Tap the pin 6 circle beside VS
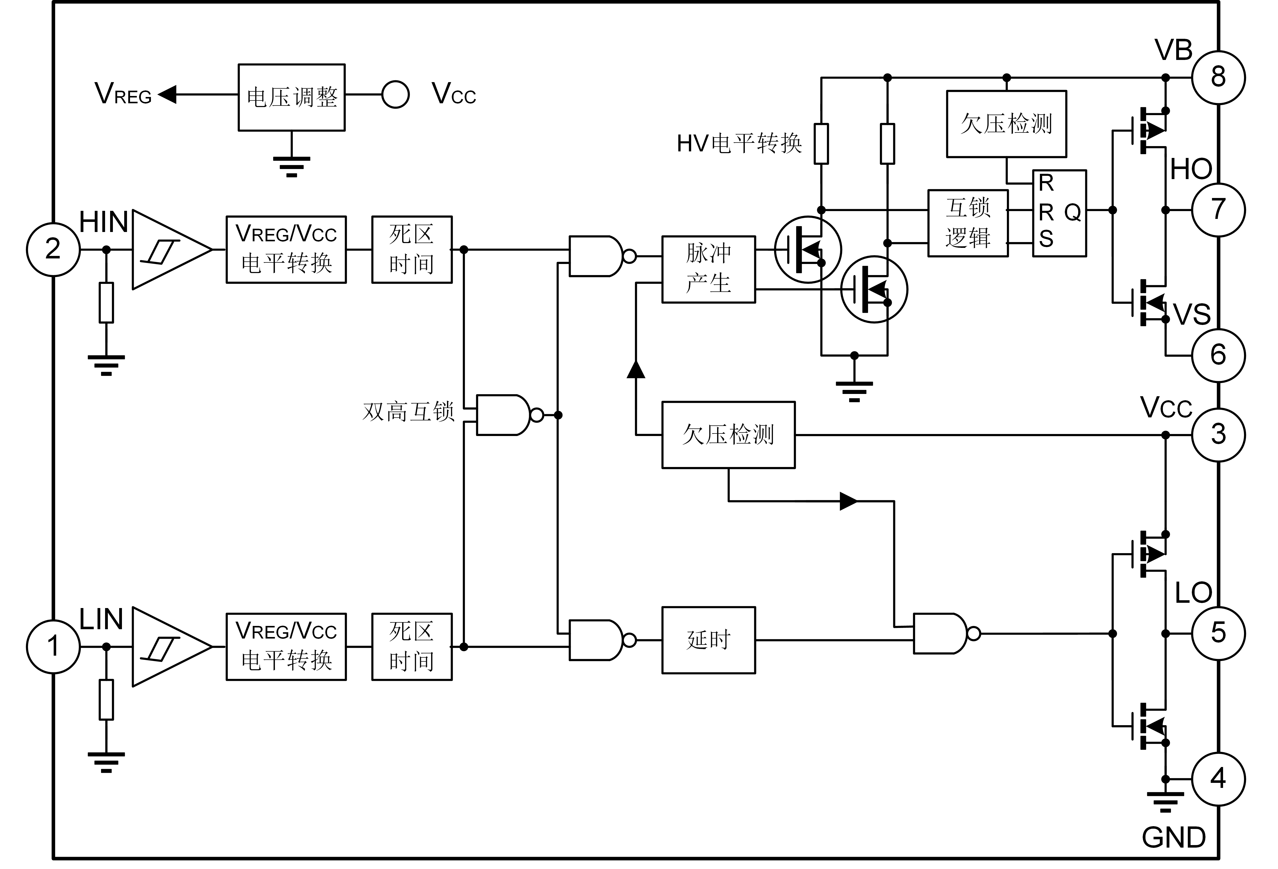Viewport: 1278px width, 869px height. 1218,356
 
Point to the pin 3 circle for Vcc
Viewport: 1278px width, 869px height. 1218,434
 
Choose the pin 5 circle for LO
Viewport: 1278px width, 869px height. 1218,634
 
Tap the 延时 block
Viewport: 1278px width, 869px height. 708,640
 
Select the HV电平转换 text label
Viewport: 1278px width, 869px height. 740,144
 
